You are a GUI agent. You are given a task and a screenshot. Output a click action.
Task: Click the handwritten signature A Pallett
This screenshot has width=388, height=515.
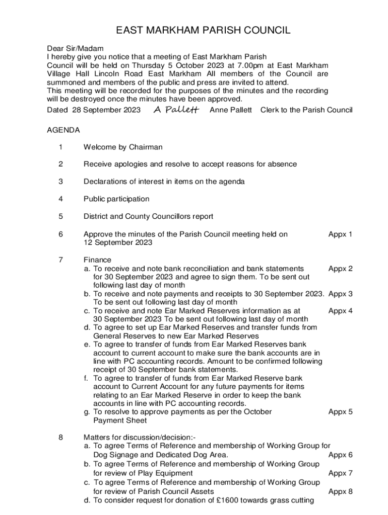[x=175, y=110]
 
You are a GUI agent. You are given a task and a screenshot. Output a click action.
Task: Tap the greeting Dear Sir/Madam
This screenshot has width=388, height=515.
[x=75, y=49]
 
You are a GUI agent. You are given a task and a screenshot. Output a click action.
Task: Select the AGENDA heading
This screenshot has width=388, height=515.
[x=63, y=130]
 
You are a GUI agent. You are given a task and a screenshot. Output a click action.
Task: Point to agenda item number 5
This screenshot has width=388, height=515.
[x=61, y=216]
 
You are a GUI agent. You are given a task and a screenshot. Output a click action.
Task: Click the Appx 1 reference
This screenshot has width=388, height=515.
[x=340, y=234]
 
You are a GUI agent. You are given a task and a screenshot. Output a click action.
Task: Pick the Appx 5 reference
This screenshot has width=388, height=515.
[x=340, y=412]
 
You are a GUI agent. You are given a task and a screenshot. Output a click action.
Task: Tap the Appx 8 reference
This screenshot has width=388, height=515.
[x=340, y=491]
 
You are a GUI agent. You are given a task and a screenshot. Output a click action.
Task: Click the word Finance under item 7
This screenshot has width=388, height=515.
[x=97, y=260]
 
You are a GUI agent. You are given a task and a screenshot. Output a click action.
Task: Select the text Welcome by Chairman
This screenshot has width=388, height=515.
[x=123, y=147]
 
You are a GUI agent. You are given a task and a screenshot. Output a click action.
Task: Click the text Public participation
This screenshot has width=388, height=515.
[x=116, y=199]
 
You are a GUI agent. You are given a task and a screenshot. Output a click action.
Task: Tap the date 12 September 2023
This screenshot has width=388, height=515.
[x=117, y=242]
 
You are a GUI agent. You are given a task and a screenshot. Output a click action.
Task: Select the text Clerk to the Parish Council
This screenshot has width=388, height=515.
[x=306, y=110]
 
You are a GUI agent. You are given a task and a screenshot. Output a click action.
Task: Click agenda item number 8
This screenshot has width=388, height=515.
[x=61, y=438]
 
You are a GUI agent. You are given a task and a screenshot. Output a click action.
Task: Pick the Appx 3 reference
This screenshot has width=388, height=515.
[x=340, y=294]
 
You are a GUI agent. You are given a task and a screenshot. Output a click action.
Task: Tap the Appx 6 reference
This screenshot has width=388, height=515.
[x=340, y=455]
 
